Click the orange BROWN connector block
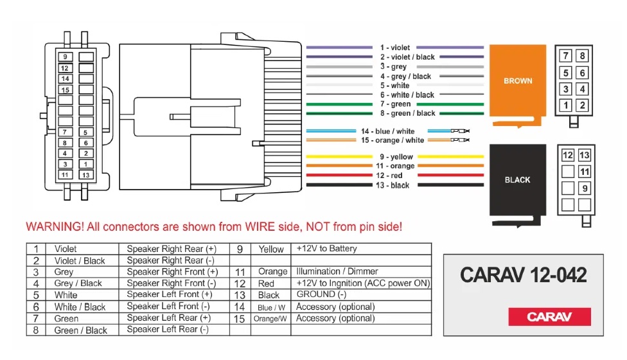517,82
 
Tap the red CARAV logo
549,316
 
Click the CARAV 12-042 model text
524,276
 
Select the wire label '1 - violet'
394,48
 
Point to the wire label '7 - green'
395,104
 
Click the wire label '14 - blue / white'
387,131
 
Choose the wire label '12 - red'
389,175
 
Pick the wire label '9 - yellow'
396,157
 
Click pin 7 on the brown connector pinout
567,57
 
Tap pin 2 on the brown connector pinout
582,105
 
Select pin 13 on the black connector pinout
584,156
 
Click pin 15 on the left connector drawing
65,90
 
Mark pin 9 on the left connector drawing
65,57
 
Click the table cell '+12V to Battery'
326,248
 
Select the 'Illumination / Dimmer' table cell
337,271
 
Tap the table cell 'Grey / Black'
78,283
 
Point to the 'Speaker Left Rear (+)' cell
168,318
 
